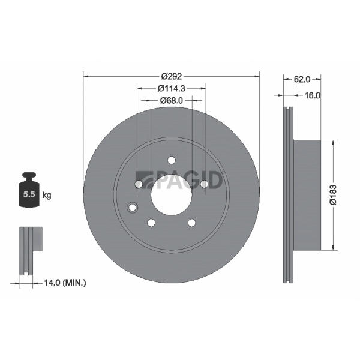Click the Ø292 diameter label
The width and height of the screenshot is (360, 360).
coord(171,76)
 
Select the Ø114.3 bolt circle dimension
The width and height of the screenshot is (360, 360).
coord(171,88)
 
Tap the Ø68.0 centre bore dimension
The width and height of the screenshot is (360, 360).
coord(171,101)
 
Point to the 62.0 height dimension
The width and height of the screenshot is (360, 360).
coord(302,79)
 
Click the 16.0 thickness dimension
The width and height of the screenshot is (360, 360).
coord(313,95)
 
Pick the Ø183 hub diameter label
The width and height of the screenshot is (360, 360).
coord(333,194)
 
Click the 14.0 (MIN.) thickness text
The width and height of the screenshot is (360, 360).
coord(65,283)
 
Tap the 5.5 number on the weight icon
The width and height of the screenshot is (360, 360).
coord(29,194)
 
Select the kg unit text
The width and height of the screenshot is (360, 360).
coord(47,196)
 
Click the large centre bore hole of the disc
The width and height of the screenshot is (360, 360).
coord(171,195)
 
